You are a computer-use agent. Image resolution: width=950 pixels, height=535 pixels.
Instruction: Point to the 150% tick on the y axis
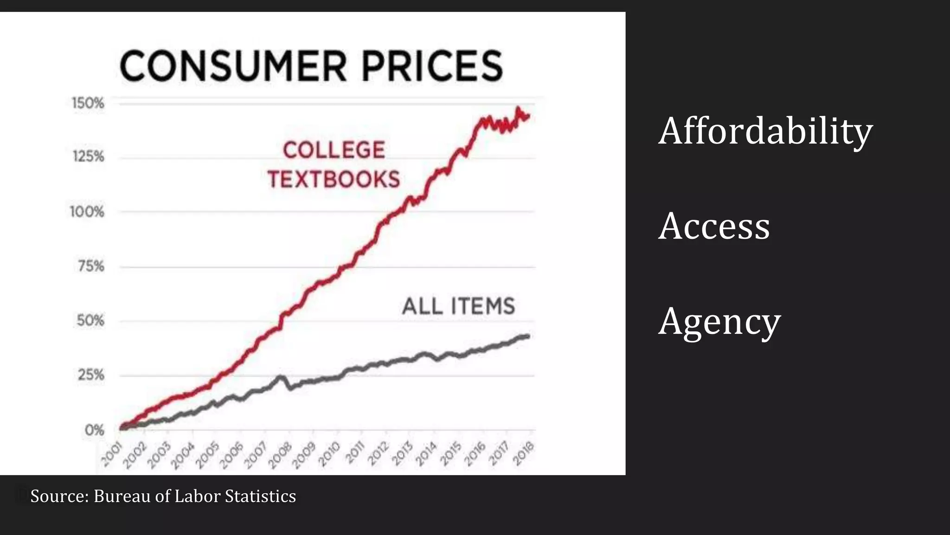click(88, 103)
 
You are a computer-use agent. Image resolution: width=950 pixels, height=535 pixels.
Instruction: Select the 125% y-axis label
click(88, 157)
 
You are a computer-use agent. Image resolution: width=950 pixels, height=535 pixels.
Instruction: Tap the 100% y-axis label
click(87, 212)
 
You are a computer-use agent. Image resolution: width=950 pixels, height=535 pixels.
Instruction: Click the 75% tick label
click(91, 267)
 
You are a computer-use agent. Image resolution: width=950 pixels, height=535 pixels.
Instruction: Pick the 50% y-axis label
click(90, 320)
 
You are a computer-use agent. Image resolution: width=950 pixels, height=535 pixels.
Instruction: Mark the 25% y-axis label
click(91, 375)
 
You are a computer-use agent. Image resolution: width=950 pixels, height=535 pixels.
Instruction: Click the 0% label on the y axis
click(94, 430)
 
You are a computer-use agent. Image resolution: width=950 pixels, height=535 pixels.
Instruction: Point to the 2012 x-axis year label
click(378, 454)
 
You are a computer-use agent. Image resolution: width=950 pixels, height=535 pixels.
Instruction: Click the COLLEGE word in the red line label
click(334, 150)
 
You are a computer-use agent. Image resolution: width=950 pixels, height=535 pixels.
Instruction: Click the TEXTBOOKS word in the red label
click(334, 180)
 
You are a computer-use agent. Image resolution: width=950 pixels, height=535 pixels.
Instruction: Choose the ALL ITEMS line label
click(458, 307)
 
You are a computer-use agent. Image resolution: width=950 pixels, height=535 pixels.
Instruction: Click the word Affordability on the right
click(765, 131)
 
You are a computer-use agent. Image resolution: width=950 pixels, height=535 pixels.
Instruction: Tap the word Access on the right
click(714, 226)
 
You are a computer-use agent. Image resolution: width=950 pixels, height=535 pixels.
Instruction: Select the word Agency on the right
click(719, 322)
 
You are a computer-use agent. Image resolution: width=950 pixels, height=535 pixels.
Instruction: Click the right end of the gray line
click(528, 336)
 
